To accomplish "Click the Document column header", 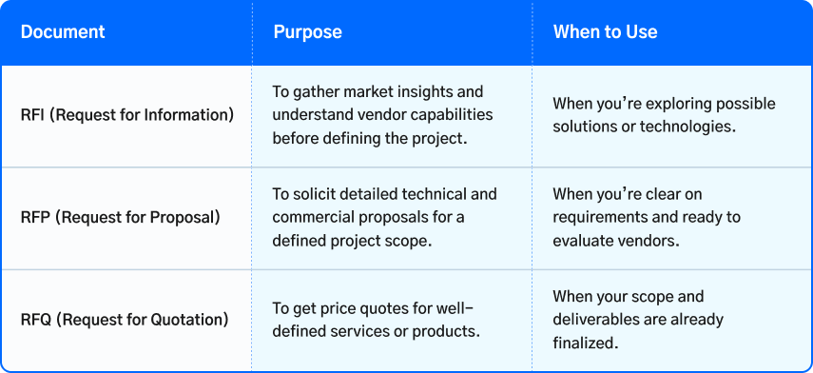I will (63, 32).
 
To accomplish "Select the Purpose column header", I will (307, 32).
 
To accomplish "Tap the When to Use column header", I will (605, 32).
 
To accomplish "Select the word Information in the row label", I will (186, 116).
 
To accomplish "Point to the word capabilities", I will (450, 115).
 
